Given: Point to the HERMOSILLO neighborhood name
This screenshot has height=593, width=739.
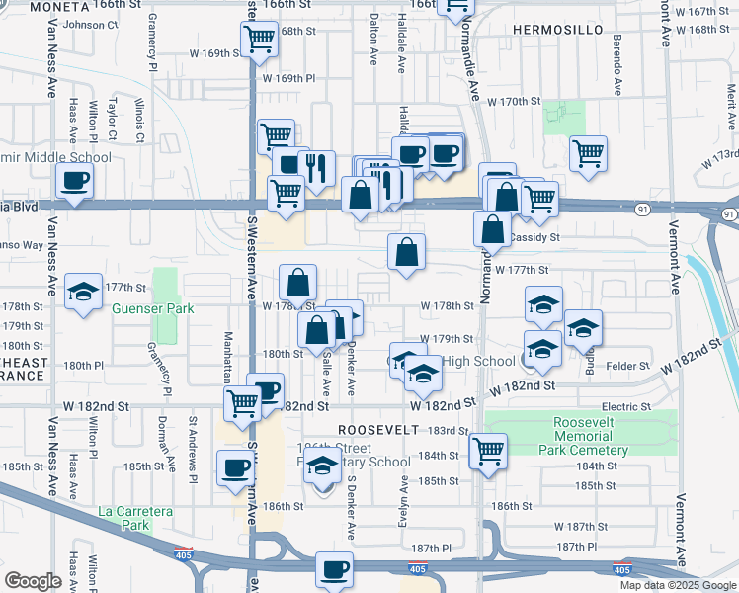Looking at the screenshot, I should [x=556, y=31].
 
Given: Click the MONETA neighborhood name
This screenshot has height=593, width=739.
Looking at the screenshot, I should [x=59, y=7].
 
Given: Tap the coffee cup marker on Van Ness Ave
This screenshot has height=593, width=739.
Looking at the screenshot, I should [x=75, y=181].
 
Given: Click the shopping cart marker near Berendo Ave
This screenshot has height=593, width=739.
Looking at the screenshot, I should [x=588, y=154].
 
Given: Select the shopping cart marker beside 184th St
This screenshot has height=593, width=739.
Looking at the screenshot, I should [x=488, y=452].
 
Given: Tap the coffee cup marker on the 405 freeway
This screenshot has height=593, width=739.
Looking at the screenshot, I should [x=334, y=570].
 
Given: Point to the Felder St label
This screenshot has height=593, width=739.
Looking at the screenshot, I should [x=626, y=366].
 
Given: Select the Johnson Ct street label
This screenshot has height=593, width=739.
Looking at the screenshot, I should [x=90, y=25].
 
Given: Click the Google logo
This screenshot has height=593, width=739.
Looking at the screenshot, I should [x=33, y=581].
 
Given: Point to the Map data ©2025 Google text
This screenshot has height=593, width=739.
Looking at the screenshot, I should [x=677, y=585].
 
